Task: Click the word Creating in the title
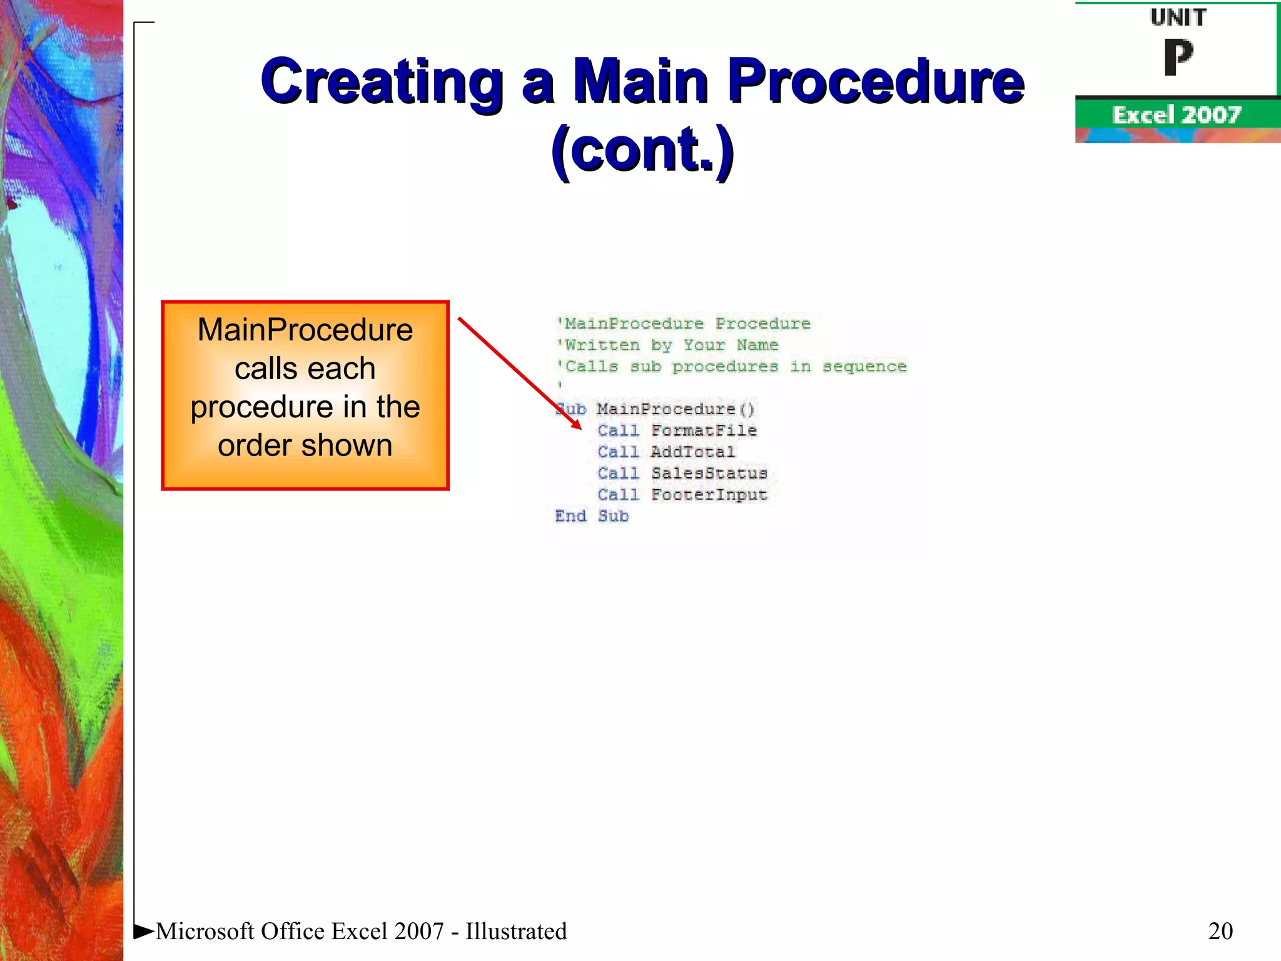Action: pos(382,81)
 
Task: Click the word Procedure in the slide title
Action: pos(876,81)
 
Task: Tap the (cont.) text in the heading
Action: pos(642,150)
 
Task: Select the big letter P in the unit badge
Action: pos(1178,58)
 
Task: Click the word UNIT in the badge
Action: pos(1178,18)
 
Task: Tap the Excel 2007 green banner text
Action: pos(1176,115)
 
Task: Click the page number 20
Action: pos(1220,931)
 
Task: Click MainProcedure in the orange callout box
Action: pos(305,330)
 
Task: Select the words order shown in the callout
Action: pos(305,445)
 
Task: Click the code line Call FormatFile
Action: pos(677,430)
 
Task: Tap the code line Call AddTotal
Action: pos(666,452)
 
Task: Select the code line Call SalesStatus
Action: pos(682,473)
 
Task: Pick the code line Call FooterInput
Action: pos(682,494)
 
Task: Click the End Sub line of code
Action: pos(592,516)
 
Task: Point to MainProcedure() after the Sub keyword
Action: pos(676,409)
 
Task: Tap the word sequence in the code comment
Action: pos(864,367)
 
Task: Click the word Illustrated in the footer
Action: pos(516,931)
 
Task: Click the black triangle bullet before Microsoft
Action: pos(143,931)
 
